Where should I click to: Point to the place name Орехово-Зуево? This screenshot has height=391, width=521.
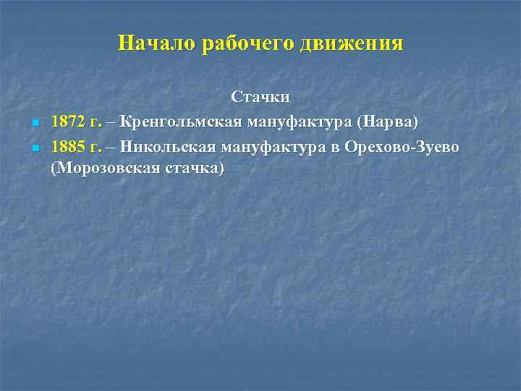[x=407, y=148]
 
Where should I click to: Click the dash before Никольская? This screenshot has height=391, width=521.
[x=111, y=148]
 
